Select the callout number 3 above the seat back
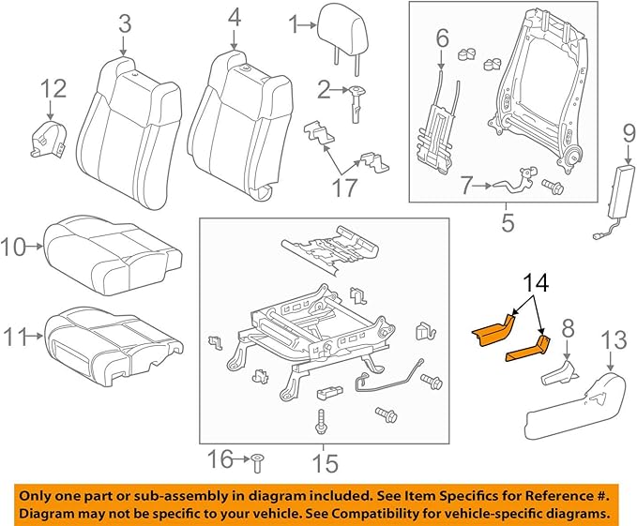pos(123,23)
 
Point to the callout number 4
pos(234,17)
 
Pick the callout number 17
pos(344,187)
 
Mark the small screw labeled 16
pos(257,458)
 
